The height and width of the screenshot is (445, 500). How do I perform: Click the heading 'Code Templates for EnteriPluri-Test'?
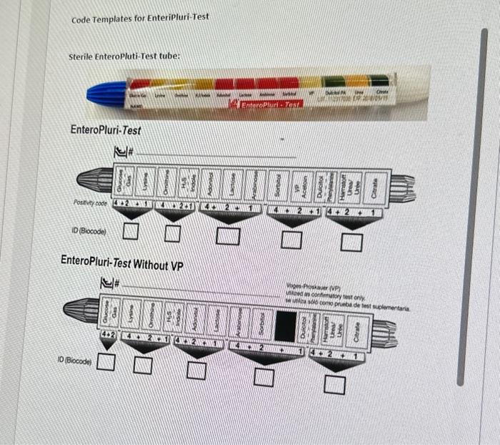click(x=140, y=17)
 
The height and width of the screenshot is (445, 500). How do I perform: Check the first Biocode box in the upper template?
click(x=129, y=230)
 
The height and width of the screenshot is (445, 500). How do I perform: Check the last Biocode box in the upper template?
click(x=351, y=243)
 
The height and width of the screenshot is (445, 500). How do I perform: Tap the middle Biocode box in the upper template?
click(x=229, y=236)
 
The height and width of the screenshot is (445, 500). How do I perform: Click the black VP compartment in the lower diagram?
click(x=286, y=326)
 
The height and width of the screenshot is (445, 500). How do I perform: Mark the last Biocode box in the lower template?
click(x=331, y=384)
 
